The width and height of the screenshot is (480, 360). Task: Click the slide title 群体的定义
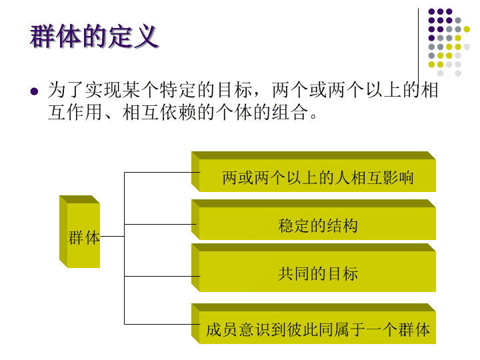[94, 36]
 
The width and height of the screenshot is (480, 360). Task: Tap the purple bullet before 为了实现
[34, 91]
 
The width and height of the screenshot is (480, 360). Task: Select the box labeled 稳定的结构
[313, 219]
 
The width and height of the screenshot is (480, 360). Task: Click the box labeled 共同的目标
[313, 267]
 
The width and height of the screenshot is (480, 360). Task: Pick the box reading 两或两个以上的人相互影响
[313, 172]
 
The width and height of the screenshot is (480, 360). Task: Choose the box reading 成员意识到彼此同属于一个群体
[313, 323]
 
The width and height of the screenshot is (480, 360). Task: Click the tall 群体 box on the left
[79, 232]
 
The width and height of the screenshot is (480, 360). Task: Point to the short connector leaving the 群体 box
[112, 236]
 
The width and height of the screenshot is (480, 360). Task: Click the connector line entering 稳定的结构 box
[160, 225]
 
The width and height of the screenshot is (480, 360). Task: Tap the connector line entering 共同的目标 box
[162, 277]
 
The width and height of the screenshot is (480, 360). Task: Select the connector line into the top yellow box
[162, 173]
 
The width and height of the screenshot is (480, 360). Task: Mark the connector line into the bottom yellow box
[162, 324]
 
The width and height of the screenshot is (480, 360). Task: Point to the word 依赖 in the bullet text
[178, 113]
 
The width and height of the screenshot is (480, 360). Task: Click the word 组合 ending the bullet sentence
[289, 113]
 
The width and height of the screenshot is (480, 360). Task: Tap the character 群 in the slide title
[42, 36]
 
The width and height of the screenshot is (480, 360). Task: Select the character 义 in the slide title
[146, 36]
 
